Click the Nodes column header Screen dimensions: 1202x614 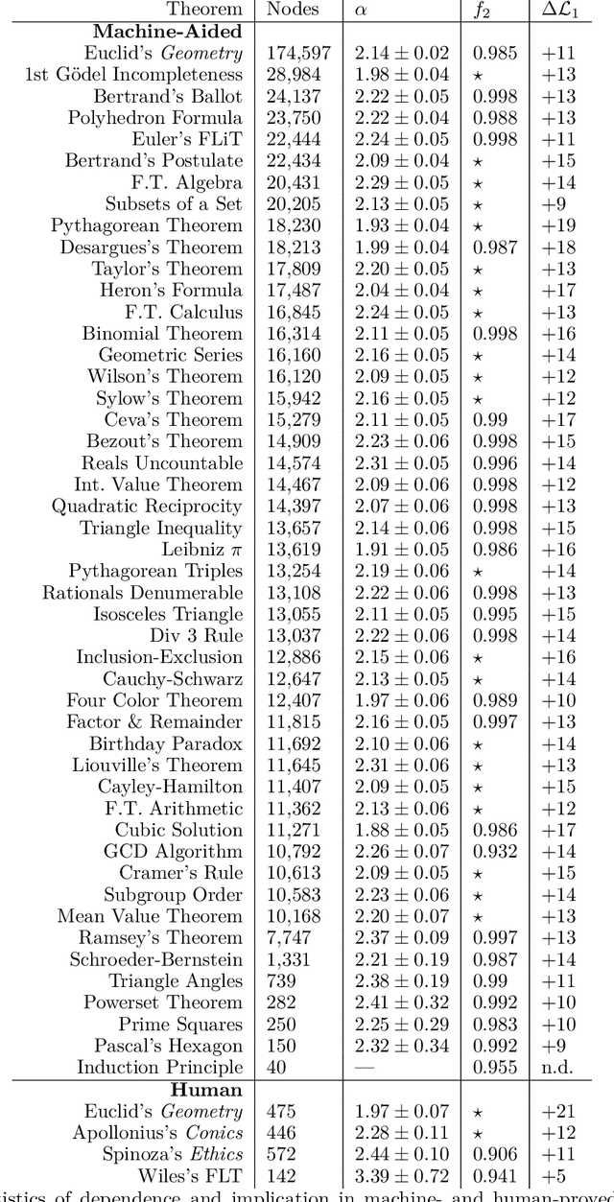point(293,10)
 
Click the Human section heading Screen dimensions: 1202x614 point(206,1090)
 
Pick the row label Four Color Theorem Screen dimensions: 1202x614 point(154,701)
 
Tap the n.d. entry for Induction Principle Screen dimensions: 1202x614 point(558,1068)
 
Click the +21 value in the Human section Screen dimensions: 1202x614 point(558,1112)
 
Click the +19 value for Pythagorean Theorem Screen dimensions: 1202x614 point(558,226)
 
